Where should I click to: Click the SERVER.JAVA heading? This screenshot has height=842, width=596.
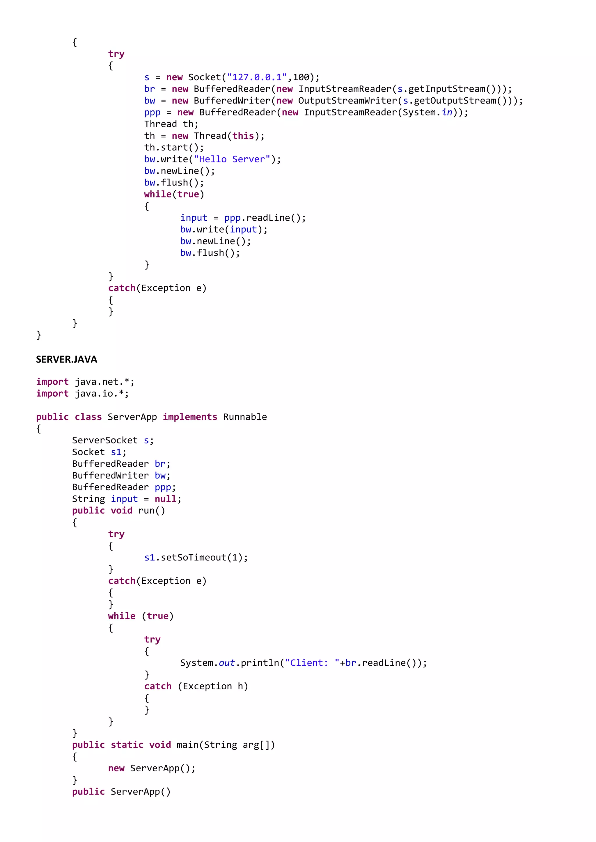[66, 359]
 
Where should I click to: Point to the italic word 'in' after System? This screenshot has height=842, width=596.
[447, 113]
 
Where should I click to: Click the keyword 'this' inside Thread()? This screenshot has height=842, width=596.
[243, 136]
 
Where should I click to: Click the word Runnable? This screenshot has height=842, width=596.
[245, 417]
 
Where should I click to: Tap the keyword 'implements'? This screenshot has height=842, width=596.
[190, 417]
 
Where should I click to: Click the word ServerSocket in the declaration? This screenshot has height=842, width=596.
[104, 440]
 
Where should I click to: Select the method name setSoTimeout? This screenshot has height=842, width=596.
[194, 558]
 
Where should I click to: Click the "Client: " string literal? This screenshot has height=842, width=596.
[312, 663]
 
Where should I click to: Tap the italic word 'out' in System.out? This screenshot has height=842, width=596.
[226, 663]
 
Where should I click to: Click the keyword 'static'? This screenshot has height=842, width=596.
[127, 745]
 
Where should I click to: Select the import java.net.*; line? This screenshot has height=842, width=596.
[85, 382]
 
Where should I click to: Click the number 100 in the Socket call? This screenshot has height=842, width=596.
[301, 77]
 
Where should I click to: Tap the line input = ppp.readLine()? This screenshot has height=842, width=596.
[243, 218]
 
